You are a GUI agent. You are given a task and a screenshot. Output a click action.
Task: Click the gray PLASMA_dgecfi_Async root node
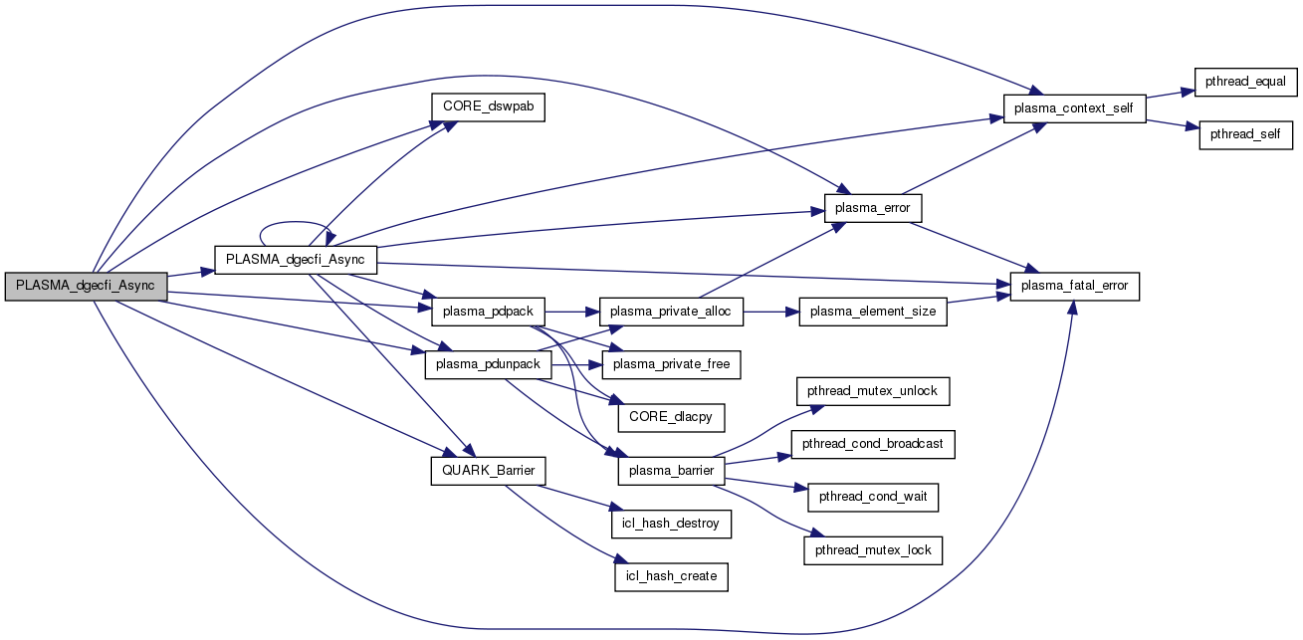[x=86, y=286]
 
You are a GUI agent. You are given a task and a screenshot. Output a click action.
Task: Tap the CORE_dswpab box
[x=488, y=107]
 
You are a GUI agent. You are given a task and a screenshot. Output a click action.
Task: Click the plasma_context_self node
[x=1074, y=107]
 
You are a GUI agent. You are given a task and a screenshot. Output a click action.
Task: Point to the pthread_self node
[x=1245, y=133]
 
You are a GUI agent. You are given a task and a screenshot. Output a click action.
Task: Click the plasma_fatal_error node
[x=1074, y=286]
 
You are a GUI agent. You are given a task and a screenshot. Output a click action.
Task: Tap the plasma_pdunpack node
[x=489, y=364]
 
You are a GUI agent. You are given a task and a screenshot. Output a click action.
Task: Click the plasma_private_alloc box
[x=671, y=312]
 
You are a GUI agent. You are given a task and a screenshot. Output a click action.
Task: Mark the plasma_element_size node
[x=872, y=312]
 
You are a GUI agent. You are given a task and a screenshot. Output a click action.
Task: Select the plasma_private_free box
[x=671, y=364]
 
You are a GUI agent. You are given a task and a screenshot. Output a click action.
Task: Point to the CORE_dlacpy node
[x=671, y=416]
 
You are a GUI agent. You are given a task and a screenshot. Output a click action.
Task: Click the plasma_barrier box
[x=671, y=470]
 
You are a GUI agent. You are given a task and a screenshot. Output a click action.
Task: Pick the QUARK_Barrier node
[x=488, y=470]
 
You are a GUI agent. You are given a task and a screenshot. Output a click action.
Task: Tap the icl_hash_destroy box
[x=671, y=523]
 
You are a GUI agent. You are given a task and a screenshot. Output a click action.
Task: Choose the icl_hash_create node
[x=671, y=575]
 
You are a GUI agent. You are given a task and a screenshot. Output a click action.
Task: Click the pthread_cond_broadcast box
[x=873, y=443]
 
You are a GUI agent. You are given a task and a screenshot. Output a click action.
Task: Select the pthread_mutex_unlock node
[x=873, y=391]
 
